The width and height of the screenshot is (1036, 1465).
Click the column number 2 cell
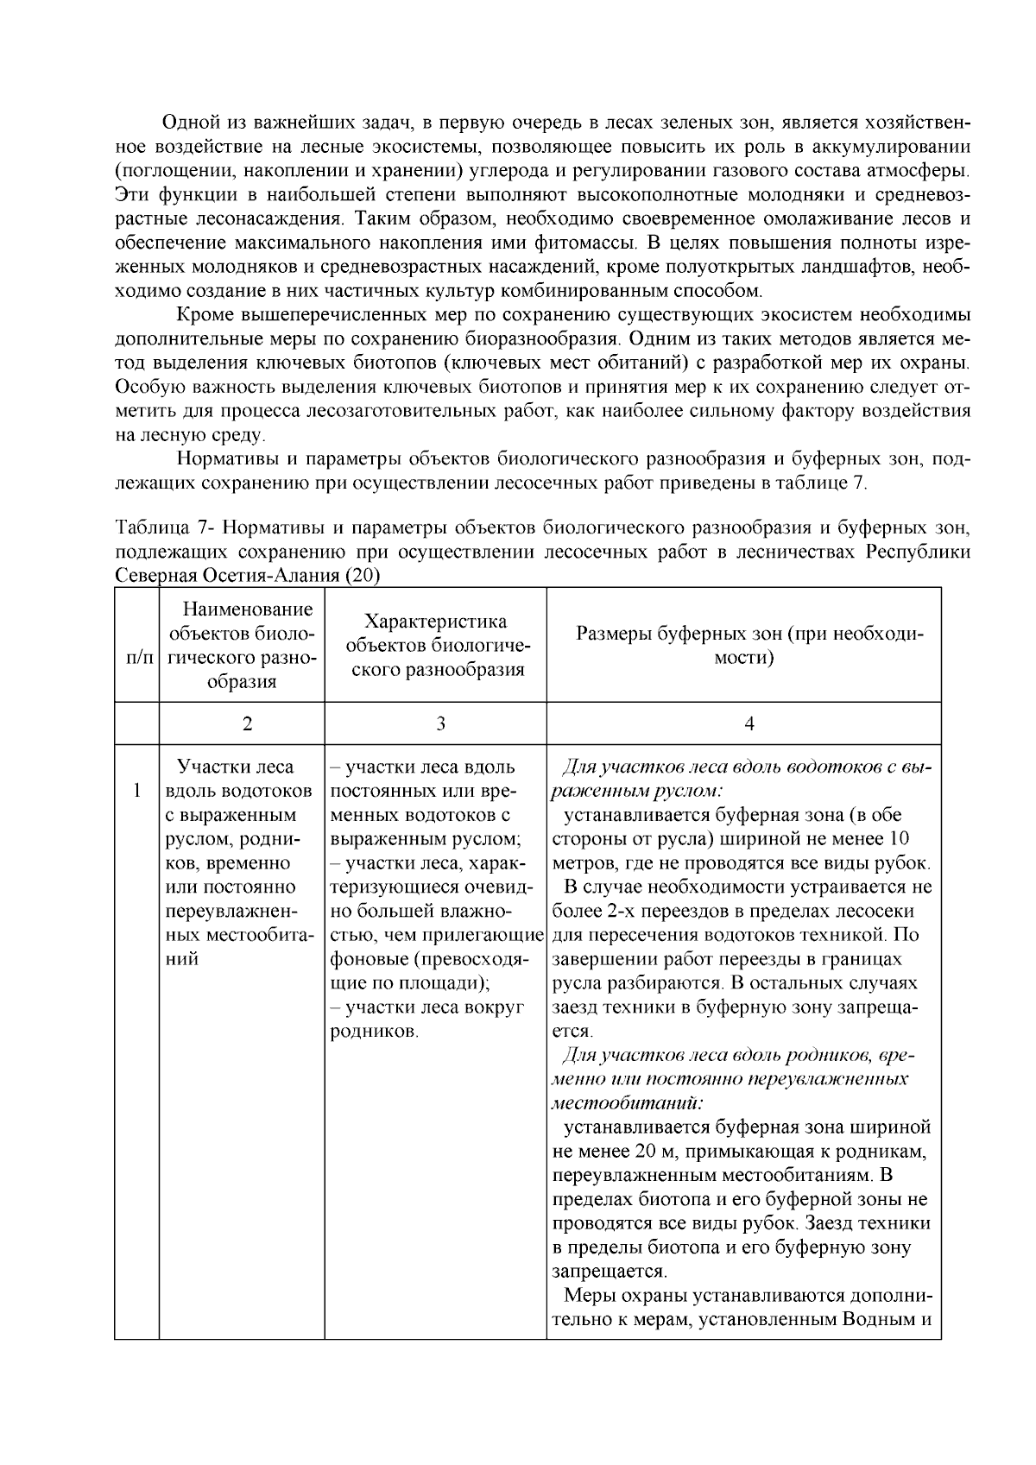(247, 723)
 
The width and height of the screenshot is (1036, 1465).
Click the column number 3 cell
(439, 723)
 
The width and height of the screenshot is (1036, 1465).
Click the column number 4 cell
(749, 723)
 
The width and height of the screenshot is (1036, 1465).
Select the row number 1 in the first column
(136, 790)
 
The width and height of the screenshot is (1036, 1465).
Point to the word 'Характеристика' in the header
(435, 622)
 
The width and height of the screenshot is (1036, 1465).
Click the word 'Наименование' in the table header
(248, 609)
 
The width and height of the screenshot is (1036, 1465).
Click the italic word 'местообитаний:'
(628, 1102)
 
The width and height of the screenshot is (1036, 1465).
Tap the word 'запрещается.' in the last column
(610, 1271)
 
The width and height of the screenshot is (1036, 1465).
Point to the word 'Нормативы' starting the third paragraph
(226, 458)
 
